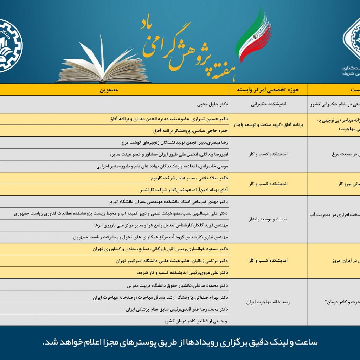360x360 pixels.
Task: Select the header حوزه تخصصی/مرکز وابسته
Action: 268,90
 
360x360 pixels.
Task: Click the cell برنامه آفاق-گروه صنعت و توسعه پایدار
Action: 268,124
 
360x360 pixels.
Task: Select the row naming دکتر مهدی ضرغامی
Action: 169,202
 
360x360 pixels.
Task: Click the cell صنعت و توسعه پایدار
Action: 268,219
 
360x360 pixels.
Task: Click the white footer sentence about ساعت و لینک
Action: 180,342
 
